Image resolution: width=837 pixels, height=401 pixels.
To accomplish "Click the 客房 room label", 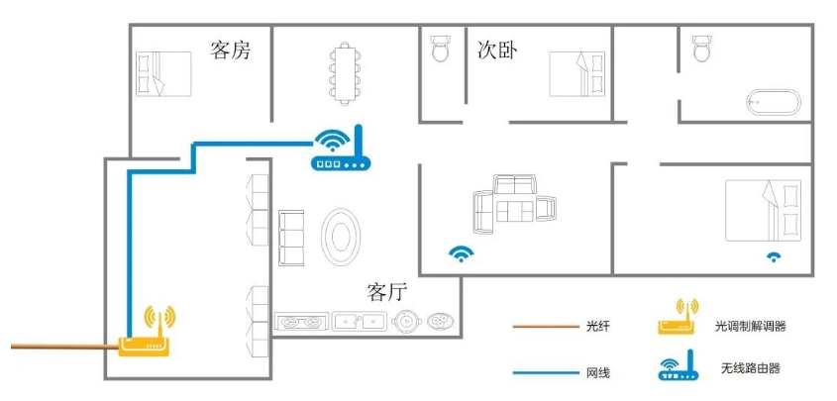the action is (x=231, y=50).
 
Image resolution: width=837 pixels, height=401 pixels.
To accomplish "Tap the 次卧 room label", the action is (x=497, y=50).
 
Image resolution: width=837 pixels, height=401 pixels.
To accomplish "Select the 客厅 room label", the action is (x=387, y=292).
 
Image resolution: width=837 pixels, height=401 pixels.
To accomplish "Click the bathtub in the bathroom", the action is (x=774, y=102).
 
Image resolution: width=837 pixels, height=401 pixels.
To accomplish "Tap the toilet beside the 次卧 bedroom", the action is (x=441, y=48).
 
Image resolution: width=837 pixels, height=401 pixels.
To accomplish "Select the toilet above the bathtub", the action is (x=701, y=48).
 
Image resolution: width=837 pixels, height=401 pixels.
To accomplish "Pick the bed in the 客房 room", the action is (x=163, y=73).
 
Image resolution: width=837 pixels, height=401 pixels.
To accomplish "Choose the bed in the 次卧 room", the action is (x=577, y=73).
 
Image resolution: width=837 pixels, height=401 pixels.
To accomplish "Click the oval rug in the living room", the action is (x=341, y=238).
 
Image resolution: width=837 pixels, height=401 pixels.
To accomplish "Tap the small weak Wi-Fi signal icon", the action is (x=773, y=256).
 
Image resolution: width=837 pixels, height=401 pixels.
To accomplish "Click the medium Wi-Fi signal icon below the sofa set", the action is (x=461, y=254).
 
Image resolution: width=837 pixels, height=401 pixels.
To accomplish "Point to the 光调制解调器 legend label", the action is (x=751, y=327).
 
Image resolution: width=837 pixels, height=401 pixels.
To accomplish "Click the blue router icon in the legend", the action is (x=679, y=365).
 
